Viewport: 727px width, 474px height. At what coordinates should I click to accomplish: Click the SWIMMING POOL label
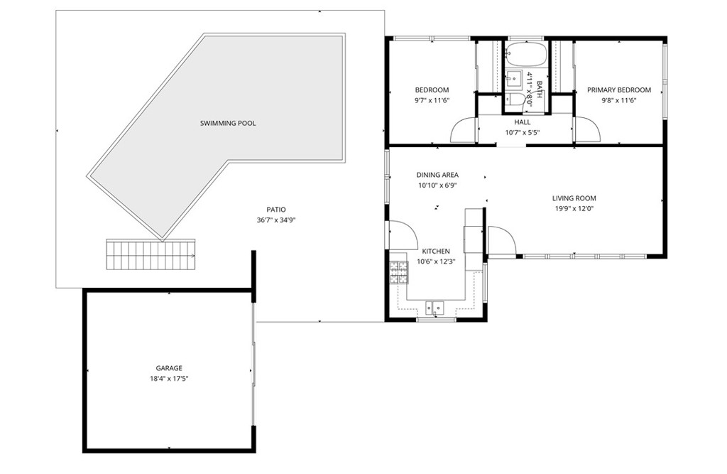coord(227,123)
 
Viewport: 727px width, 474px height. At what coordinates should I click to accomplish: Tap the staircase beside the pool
coord(151,254)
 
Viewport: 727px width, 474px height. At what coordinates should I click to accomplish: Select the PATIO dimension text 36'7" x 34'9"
coord(275,220)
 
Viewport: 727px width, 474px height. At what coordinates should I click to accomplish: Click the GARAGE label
coord(169,368)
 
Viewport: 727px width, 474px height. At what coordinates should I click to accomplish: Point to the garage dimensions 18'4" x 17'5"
coord(169,379)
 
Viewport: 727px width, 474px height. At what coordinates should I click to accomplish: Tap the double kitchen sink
coord(434,307)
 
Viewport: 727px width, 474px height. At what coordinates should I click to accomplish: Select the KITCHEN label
coord(435,252)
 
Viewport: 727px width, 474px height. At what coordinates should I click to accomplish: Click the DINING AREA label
coord(437,175)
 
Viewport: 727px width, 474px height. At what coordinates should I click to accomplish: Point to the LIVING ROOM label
coord(574,198)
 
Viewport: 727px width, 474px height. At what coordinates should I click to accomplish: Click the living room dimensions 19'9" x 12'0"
coord(574,209)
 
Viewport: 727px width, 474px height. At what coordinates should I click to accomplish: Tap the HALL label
coord(522,122)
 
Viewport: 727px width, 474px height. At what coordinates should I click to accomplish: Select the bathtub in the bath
coord(525,55)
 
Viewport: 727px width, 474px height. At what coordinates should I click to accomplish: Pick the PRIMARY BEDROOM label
coord(618,90)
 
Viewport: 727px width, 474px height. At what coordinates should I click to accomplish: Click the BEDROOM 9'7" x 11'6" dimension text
coord(432,100)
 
